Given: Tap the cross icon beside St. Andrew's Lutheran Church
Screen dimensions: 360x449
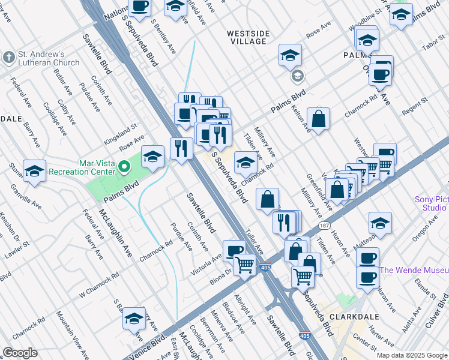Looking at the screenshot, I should (x=8, y=58).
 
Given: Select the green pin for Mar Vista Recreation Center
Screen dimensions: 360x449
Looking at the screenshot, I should (x=124, y=166).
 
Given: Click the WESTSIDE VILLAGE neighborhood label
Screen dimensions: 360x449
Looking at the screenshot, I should (x=247, y=37).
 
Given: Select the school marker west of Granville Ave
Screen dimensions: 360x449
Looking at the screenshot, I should (x=34, y=171).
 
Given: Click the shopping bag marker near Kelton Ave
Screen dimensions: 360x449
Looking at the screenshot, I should (x=318, y=118).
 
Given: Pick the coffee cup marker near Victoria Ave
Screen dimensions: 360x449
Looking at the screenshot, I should (x=234, y=250).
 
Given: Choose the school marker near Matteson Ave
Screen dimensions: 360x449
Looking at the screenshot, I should (x=380, y=223).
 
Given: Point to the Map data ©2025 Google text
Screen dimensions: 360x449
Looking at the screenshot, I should (x=411, y=355).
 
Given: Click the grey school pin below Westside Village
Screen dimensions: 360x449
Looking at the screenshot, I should (x=297, y=76).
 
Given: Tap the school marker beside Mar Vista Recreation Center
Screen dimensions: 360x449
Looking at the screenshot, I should (x=153, y=157).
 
